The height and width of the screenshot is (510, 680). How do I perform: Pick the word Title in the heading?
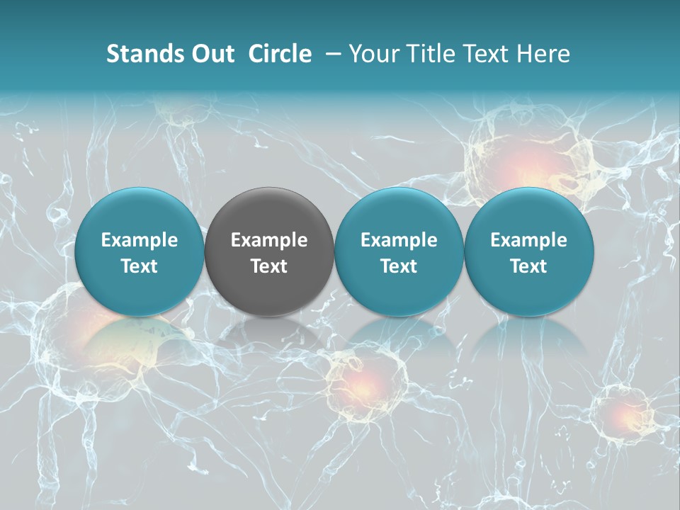pos(426,54)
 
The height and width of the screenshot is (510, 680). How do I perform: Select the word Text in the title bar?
pos(484,54)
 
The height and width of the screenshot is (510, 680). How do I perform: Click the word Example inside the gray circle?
pos(269,240)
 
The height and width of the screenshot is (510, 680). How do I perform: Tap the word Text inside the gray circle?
pos(269,266)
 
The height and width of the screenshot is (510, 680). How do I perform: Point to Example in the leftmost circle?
pos(139,240)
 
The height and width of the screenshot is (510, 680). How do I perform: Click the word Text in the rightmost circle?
pos(528,266)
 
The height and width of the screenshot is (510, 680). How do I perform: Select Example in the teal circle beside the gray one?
pos(399,240)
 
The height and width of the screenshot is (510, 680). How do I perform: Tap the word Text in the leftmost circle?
pos(139,266)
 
